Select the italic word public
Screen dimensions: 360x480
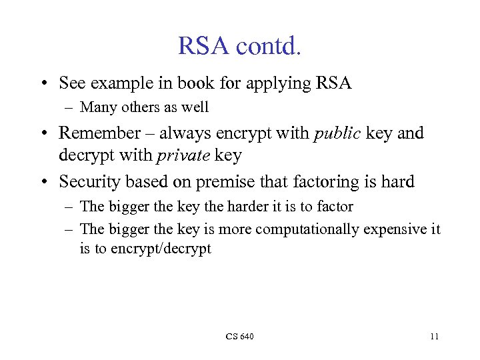[x=337, y=133]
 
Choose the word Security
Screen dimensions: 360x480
[x=90, y=181]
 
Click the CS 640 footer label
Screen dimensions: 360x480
[x=239, y=337]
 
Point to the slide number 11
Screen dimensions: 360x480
[x=434, y=337]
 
